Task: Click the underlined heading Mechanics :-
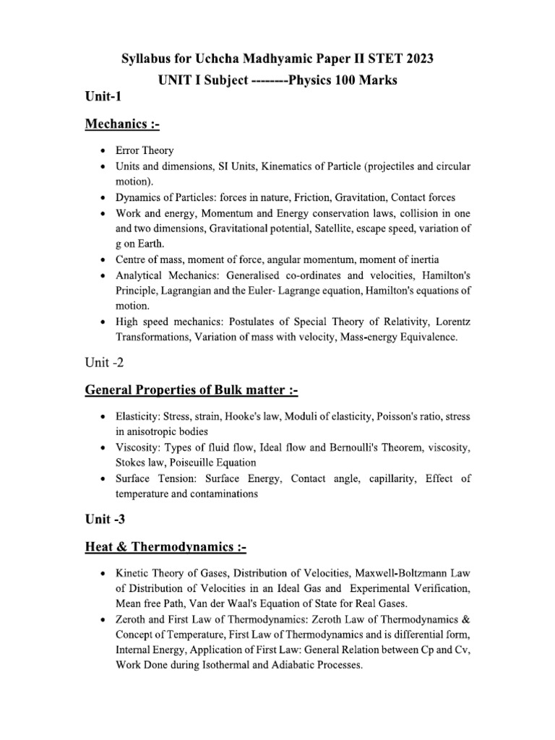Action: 122,124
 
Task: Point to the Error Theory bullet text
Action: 145,150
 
